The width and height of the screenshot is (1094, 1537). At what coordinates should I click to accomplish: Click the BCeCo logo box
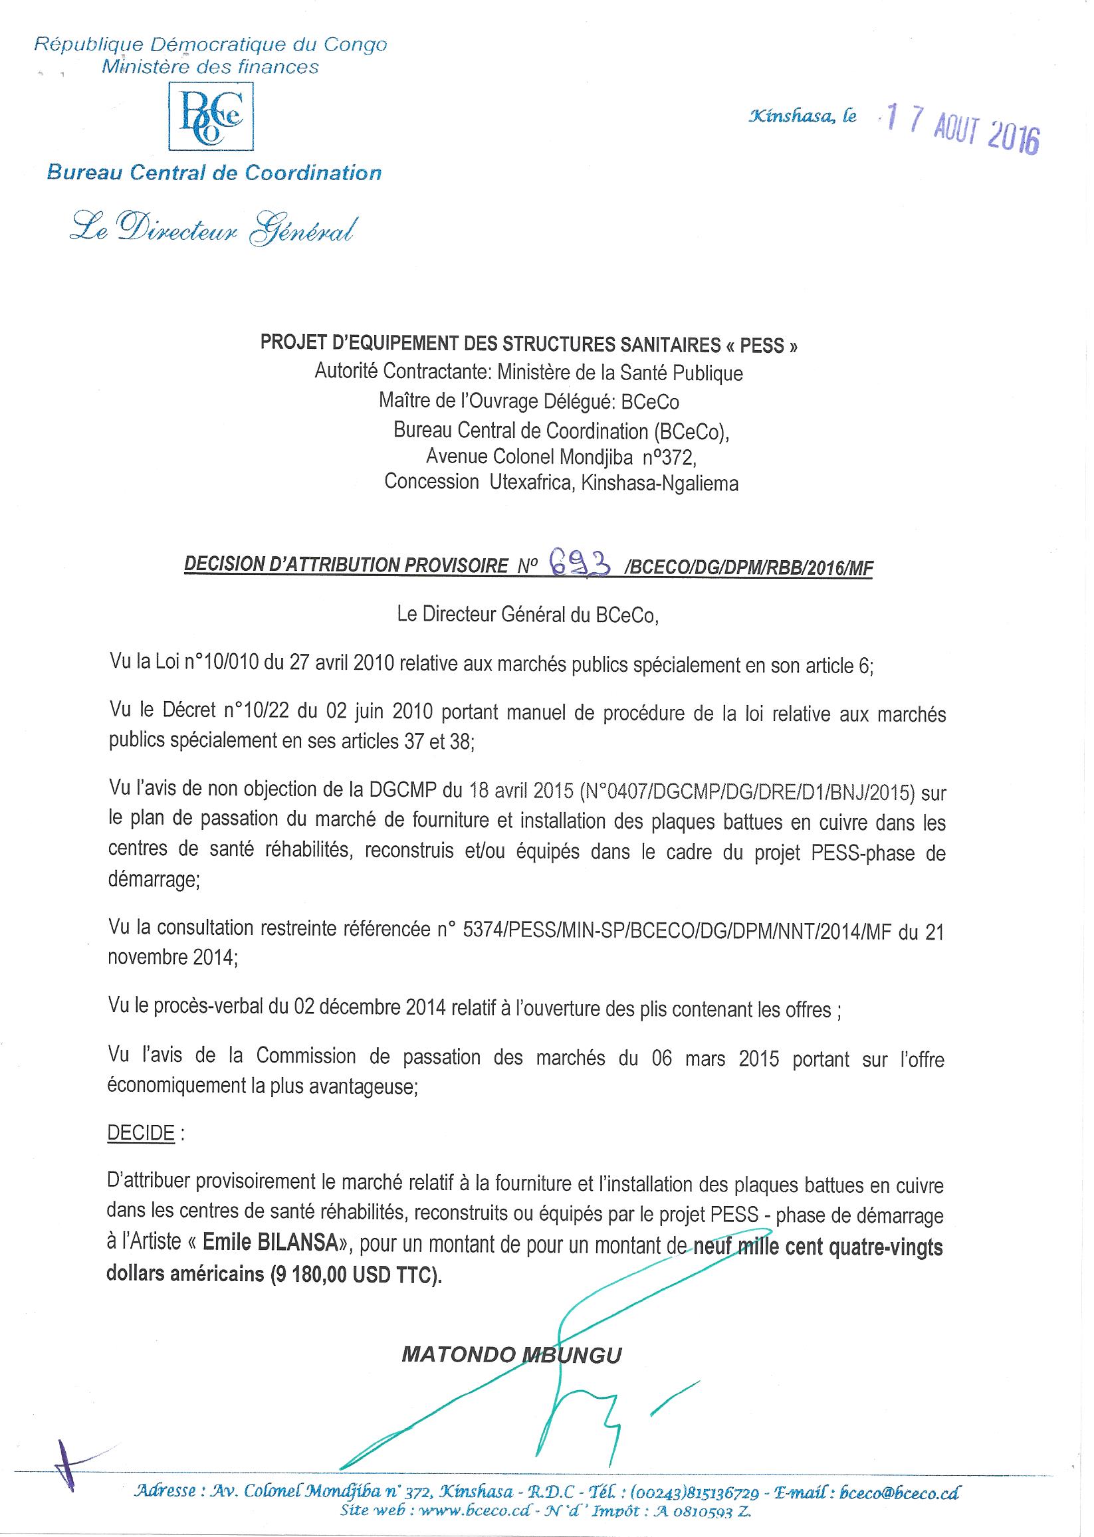coord(210,115)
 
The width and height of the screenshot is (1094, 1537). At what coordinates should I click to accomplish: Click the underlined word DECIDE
coord(141,1133)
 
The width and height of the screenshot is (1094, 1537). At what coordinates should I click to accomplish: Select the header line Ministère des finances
coord(210,66)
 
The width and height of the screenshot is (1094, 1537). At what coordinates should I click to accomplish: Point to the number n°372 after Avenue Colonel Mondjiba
coord(667,457)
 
